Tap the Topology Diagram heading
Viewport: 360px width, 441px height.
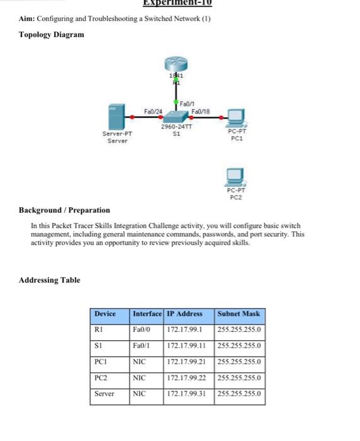tap(51, 34)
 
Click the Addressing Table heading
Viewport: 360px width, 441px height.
tap(50, 280)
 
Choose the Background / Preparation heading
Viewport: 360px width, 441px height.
tap(64, 210)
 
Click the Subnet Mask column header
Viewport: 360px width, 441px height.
tap(239, 313)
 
